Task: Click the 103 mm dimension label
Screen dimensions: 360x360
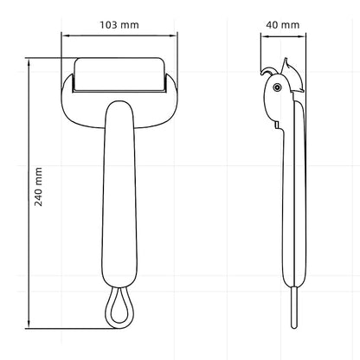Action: pos(119,25)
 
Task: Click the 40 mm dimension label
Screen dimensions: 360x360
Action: pos(282,25)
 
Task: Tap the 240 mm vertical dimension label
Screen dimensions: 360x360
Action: pos(38,187)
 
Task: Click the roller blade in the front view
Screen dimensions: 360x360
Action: pos(119,75)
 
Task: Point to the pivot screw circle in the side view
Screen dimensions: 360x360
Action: pos(278,87)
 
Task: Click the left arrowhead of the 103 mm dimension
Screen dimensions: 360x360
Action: pos(65,35)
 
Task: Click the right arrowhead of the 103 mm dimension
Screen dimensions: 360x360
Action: pos(173,35)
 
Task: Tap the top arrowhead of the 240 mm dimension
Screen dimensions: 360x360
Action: pos(29,62)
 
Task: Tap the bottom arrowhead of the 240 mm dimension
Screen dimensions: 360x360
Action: pos(29,325)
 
